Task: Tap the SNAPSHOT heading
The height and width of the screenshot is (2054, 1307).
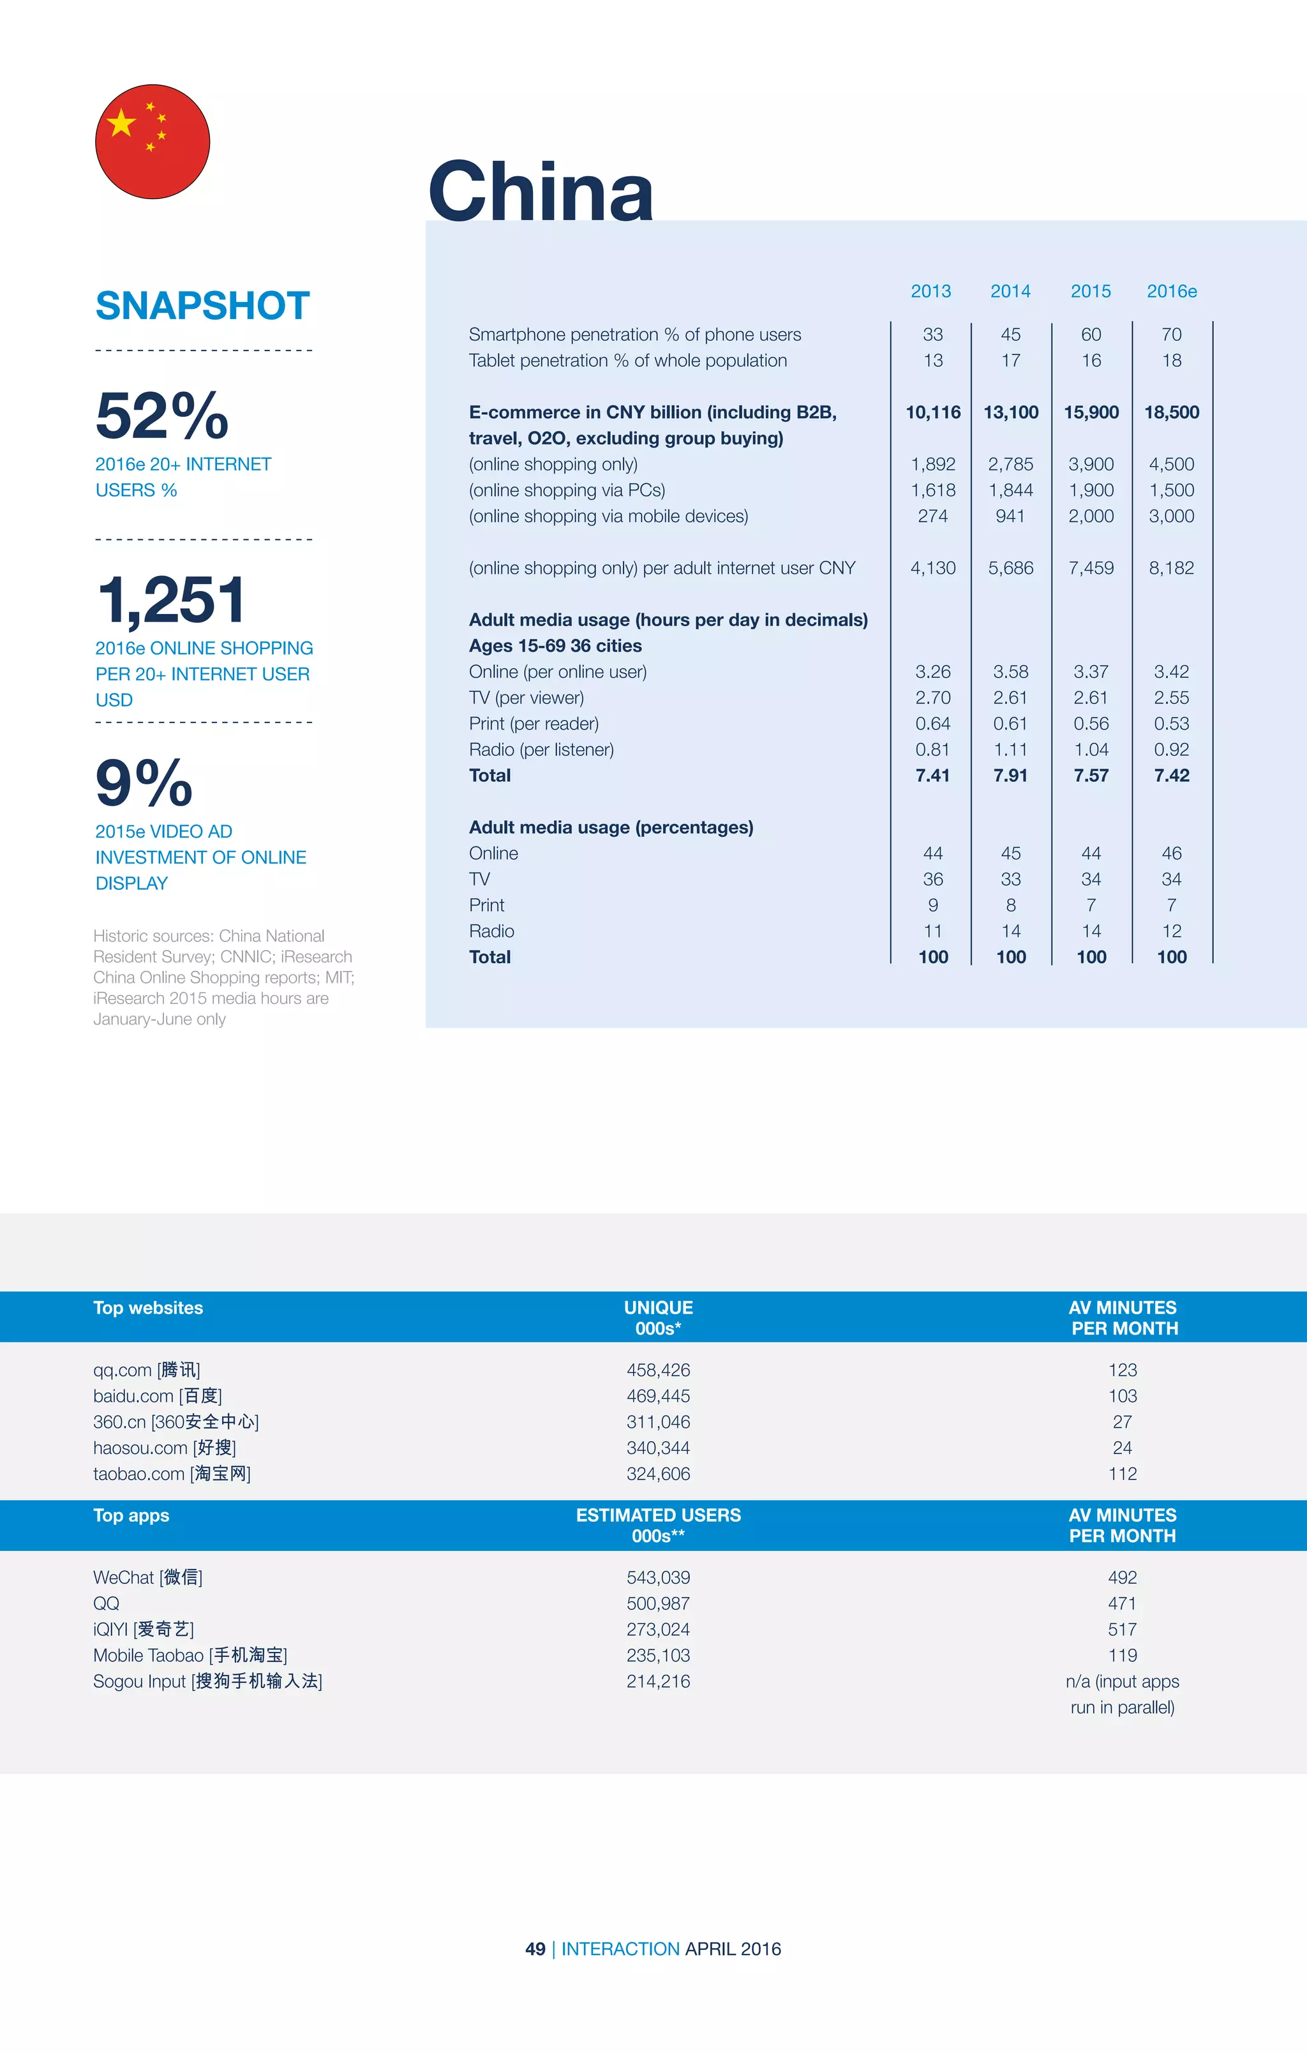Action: click(x=202, y=305)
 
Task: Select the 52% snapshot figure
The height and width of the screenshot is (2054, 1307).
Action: click(x=162, y=416)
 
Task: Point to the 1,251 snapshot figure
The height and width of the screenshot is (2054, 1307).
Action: click(x=172, y=599)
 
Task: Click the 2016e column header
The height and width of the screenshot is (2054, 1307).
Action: click(x=1171, y=292)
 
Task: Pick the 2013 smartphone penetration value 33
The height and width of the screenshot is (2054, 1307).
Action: click(x=932, y=334)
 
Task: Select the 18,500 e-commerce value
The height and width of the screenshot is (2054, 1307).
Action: click(x=1171, y=412)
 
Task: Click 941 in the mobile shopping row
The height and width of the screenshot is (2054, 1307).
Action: click(x=1010, y=516)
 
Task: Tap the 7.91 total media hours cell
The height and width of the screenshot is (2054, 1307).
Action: click(x=1010, y=776)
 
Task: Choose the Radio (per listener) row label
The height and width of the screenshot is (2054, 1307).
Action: click(x=541, y=750)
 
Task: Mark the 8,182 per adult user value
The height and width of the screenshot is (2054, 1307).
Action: click(x=1171, y=568)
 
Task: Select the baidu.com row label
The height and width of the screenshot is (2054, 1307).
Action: click(x=157, y=1395)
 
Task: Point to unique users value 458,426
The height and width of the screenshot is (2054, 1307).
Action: click(x=658, y=1370)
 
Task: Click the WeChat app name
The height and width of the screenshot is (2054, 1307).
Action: click(x=147, y=1577)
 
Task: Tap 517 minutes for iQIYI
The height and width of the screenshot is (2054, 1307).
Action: click(x=1122, y=1629)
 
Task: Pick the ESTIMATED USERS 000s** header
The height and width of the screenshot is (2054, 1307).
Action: click(x=658, y=1525)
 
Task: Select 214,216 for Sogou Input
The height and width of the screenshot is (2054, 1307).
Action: click(x=658, y=1681)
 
